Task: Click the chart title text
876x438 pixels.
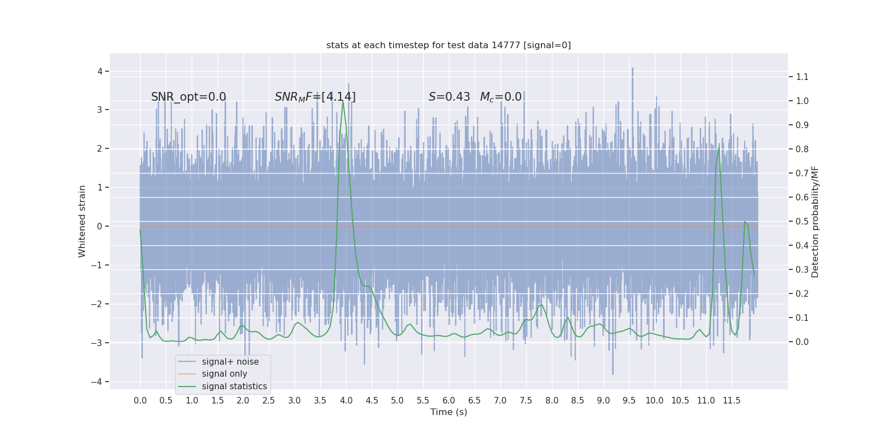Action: coord(448,45)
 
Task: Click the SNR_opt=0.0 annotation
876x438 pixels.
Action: coord(188,97)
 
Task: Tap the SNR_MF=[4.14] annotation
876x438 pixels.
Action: coord(315,97)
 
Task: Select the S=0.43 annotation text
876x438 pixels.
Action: coord(449,97)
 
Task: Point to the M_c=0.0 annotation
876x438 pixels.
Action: coord(500,97)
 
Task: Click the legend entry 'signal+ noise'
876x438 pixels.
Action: coord(230,362)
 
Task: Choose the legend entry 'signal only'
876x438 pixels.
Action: coord(224,374)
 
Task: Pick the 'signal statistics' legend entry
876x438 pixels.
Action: coord(234,387)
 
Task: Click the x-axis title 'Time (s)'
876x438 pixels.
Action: coord(448,412)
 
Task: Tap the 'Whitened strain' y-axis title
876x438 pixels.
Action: coord(82,221)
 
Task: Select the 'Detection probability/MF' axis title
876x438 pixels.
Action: coord(815,222)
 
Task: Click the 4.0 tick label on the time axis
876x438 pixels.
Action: coord(346,401)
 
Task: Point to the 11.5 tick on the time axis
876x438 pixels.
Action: coord(731,401)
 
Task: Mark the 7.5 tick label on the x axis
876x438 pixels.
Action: coord(526,401)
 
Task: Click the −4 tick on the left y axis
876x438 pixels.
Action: coord(99,382)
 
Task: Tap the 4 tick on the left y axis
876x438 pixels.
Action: coord(100,72)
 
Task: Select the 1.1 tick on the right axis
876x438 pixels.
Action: coord(802,77)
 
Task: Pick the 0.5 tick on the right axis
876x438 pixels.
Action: coord(802,222)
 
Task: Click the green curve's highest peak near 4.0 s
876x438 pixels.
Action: coord(343,101)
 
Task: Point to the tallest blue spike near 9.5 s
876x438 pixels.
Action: coord(632,69)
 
